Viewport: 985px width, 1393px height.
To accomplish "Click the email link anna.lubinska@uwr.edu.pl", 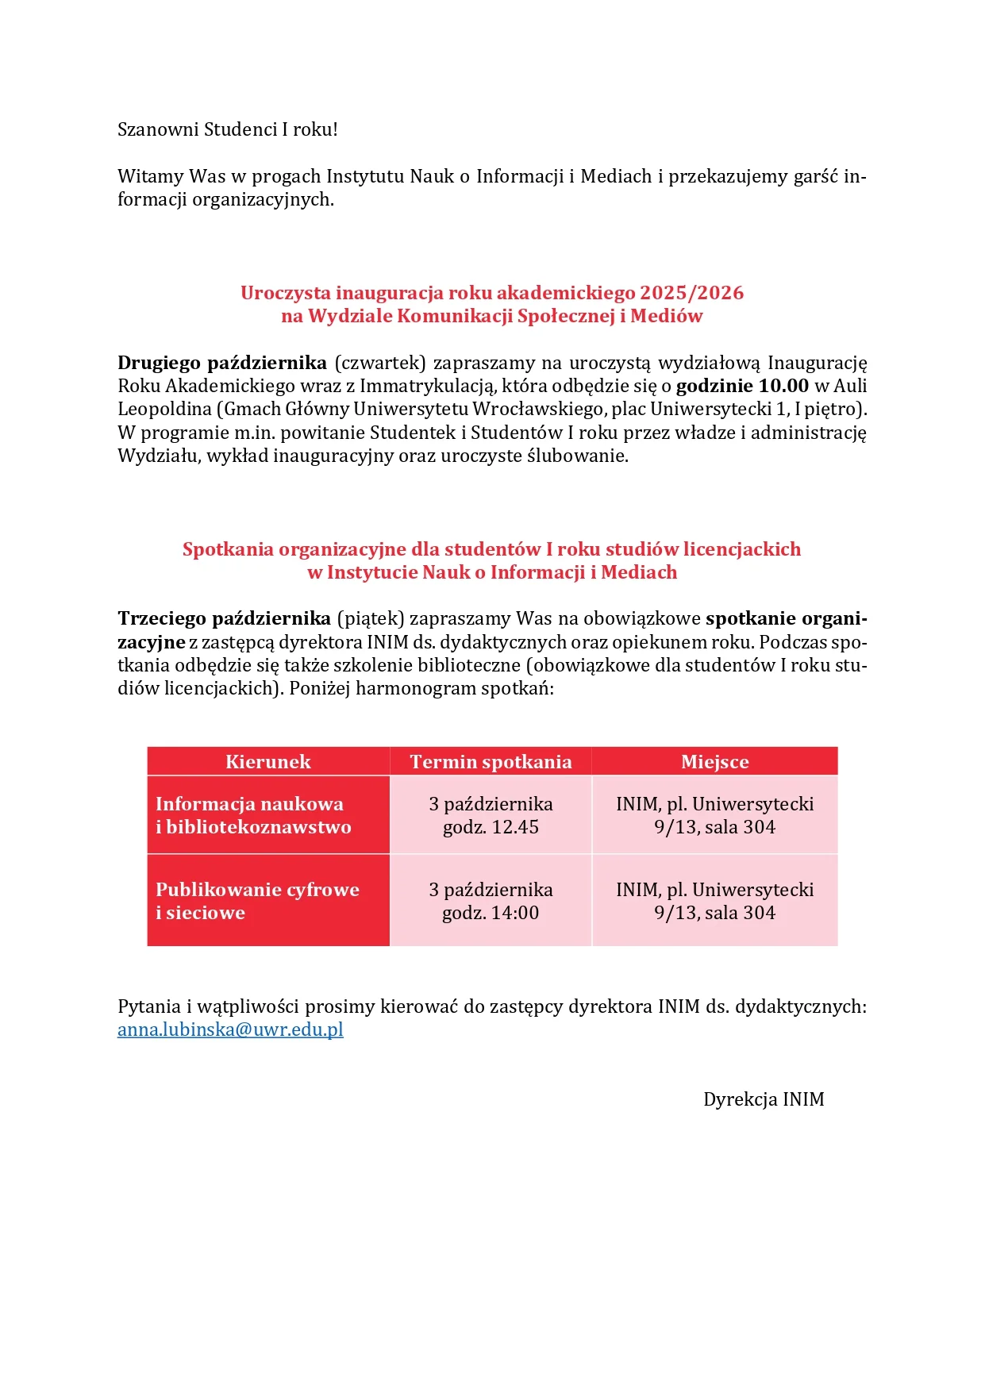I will (230, 1030).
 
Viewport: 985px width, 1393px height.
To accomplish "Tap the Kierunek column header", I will (267, 762).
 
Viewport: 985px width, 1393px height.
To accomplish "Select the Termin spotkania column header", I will (491, 762).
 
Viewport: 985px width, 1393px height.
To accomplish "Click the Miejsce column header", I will (714, 762).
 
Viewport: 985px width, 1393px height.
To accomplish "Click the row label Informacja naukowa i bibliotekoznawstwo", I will (253, 816).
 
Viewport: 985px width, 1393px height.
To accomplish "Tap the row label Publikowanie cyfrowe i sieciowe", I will (257, 902).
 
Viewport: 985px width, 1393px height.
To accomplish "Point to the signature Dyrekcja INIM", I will (764, 1099).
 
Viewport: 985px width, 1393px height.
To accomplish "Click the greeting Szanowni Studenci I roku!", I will (228, 129).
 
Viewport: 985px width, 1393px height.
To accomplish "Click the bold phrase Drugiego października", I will (222, 363).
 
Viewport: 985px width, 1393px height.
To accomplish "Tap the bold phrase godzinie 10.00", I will (742, 386).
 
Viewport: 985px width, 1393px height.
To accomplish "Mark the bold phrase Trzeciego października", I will (224, 618).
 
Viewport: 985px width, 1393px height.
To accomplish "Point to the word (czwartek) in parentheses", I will (380, 363).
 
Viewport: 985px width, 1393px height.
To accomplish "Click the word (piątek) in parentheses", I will (371, 618).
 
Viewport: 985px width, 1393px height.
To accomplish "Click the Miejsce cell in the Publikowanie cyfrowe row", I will (714, 902).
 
